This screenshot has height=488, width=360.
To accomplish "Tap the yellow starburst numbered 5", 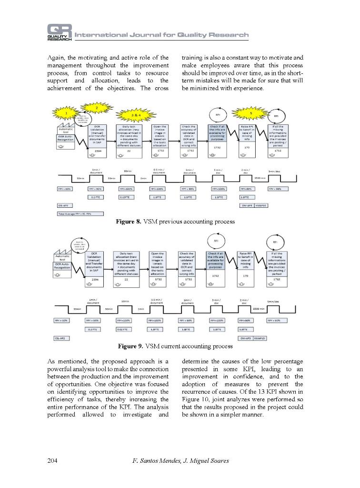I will click(x=251, y=113).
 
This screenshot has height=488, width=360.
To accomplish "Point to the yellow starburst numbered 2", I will click(x=97, y=108).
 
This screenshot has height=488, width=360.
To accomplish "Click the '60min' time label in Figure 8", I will click(x=128, y=171).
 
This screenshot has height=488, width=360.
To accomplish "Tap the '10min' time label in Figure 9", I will click(x=125, y=301).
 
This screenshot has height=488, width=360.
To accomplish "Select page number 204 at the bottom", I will click(x=53, y=461).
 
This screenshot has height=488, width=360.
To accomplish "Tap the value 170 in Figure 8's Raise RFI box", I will click(x=247, y=148).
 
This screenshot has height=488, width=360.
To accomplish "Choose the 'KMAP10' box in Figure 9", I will click(x=260, y=338).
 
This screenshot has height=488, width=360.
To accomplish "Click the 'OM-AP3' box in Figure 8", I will click(x=246, y=205).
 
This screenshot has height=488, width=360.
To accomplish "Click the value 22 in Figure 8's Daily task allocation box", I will click(x=129, y=150).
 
